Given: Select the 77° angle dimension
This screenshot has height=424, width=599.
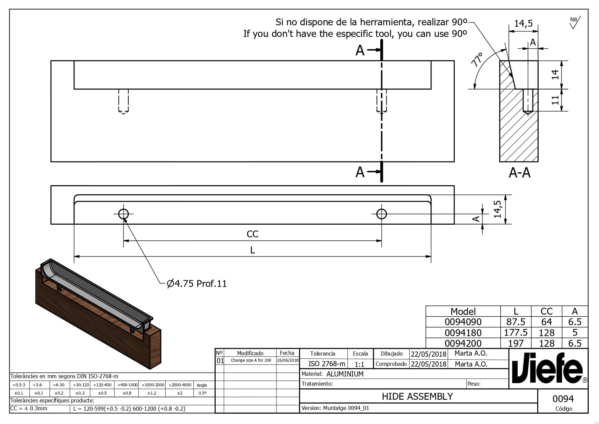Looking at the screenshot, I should tap(476, 59).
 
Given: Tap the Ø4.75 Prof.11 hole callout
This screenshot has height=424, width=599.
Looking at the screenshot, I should tap(197, 283).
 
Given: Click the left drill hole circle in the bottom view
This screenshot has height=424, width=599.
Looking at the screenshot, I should tap(124, 214).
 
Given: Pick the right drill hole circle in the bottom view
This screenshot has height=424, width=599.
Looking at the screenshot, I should tap(382, 214).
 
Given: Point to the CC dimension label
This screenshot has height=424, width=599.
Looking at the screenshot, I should tap(253, 234).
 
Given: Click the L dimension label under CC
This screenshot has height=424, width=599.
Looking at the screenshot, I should tap(253, 250).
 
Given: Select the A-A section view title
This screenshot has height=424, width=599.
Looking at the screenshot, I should tap(519, 173).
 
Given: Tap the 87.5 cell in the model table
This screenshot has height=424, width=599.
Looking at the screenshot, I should tap(516, 322).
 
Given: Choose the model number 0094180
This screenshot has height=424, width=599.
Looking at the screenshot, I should tap(463, 333).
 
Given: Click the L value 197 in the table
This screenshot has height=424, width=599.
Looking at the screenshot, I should tap(516, 343).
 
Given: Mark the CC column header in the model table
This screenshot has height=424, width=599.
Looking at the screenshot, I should tap(546, 311).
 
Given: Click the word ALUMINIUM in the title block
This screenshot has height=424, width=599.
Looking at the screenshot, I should tap(345, 374).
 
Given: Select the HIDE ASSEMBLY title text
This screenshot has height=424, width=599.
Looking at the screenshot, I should tap(417, 396).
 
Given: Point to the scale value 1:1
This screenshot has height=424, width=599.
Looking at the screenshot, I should tap(359, 365).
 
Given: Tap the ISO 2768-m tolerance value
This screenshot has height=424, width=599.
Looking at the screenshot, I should tap(327, 364).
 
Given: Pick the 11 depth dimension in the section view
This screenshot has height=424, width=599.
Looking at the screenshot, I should tap(555, 100).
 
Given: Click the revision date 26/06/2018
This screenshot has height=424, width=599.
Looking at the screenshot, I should tap(287, 360).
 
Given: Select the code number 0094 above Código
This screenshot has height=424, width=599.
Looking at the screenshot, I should tap(563, 399).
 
